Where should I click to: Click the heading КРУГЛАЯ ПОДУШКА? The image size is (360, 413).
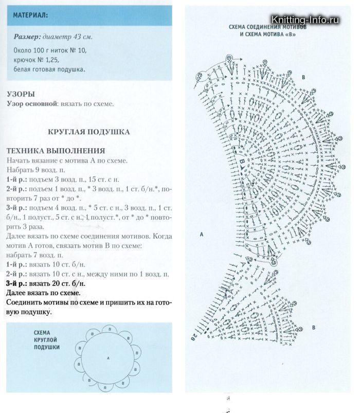[88, 132]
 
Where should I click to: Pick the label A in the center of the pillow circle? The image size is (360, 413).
[109, 357]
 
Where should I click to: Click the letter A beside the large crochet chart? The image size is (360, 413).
[202, 234]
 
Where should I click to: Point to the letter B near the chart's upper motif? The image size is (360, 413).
[303, 77]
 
